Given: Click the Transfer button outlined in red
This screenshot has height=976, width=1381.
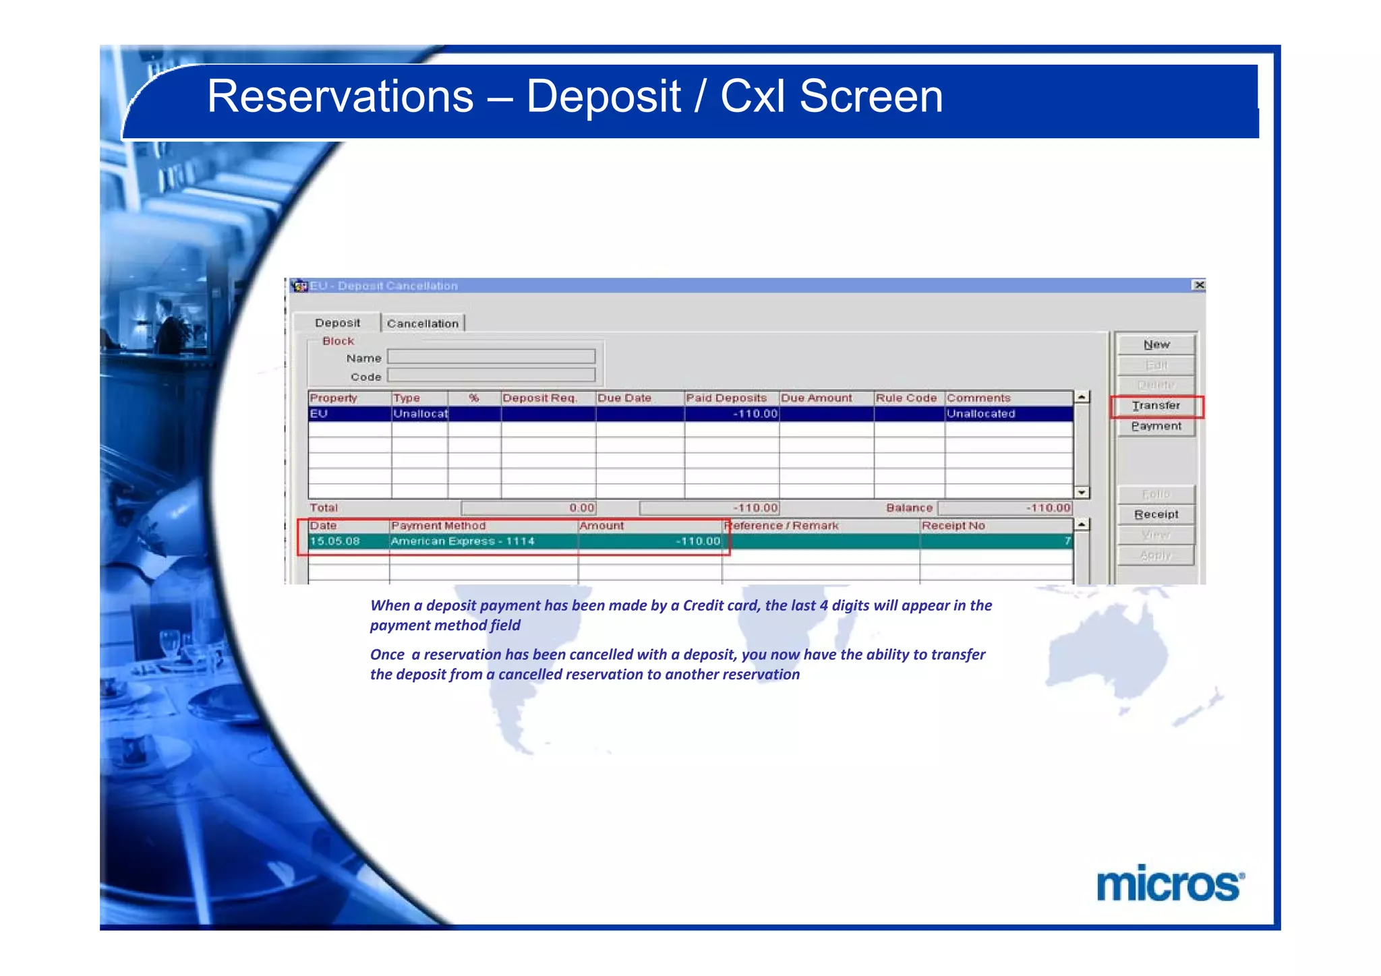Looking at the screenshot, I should [1156, 406].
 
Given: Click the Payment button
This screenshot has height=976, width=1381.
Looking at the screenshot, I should [1156, 427].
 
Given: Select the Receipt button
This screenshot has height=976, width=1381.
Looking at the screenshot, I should [1156, 514].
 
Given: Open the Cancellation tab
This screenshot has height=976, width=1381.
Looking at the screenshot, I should [423, 324].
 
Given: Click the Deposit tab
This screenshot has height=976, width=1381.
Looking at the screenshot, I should [337, 323].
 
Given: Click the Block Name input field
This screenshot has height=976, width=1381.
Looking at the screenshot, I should [491, 357].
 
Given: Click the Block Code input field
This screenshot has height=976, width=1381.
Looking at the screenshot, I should [491, 375].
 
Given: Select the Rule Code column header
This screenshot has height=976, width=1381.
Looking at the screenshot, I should [907, 398].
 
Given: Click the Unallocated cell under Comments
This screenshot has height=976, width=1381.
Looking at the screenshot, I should [981, 414].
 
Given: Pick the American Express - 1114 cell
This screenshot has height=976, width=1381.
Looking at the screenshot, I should [463, 541].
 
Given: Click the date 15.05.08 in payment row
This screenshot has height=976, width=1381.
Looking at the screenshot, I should [335, 541].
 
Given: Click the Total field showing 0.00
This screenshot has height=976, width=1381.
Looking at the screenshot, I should [529, 508].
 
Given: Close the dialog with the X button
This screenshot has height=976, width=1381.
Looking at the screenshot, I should [1199, 285].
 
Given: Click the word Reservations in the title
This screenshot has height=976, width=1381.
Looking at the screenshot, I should [340, 96].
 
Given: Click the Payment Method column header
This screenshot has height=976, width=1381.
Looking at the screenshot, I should [438, 526].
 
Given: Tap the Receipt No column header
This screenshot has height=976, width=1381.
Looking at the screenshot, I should [953, 526].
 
